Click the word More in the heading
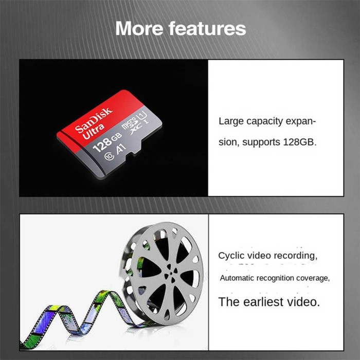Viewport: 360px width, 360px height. [139, 28]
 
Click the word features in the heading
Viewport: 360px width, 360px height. [207, 28]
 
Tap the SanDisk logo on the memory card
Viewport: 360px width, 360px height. [94, 120]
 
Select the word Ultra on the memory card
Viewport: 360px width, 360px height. [94, 132]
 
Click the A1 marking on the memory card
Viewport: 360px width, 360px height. [121, 149]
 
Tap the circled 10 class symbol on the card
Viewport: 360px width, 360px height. [109, 156]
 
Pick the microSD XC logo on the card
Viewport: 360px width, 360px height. [132, 125]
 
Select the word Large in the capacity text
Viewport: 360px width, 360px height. [231, 121]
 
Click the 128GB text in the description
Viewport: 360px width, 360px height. [300, 142]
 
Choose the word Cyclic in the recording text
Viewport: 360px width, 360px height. [229, 256]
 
